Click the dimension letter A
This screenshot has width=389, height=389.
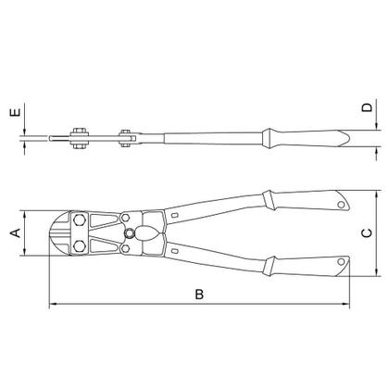16,233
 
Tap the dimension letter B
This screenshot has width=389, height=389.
199,295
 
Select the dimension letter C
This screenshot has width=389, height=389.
367,233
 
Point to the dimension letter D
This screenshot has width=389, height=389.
368,107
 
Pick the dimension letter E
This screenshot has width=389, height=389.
16,112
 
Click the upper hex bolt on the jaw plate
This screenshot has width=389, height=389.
80,220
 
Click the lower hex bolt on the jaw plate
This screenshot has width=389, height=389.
80,246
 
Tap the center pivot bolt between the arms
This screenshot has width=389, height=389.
130,232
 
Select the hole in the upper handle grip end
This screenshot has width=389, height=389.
341,205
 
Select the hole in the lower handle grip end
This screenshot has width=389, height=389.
341,262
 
